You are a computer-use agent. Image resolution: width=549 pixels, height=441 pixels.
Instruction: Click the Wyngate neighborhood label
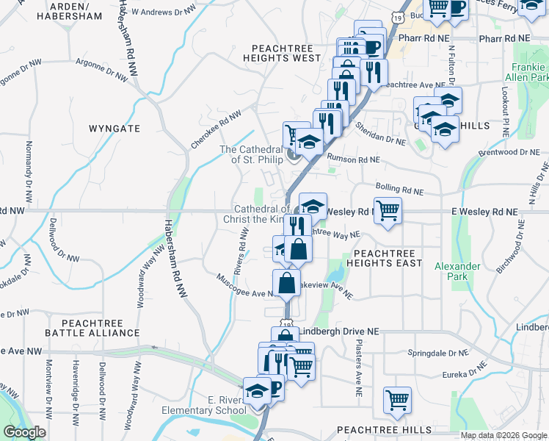(x=114, y=128)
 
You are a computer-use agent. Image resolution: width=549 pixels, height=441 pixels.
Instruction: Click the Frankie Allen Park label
(x=530, y=71)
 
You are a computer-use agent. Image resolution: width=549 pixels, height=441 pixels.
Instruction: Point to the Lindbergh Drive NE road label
(x=341, y=331)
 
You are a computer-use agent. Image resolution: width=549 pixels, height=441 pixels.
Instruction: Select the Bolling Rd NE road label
(x=399, y=189)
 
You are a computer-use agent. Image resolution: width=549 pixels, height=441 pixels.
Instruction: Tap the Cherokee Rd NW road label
(x=216, y=130)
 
